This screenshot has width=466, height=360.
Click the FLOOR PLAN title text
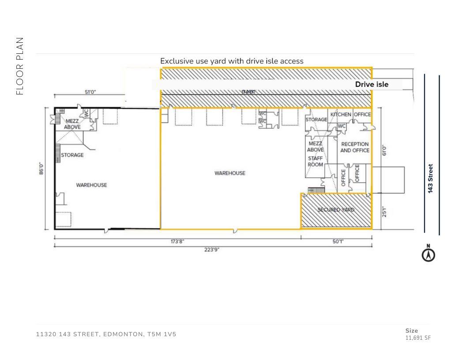(x=19, y=66)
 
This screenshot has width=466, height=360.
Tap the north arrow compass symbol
(x=428, y=255)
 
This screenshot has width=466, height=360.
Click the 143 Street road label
(x=430, y=178)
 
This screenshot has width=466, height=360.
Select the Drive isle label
(x=372, y=84)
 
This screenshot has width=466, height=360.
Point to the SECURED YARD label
(x=336, y=210)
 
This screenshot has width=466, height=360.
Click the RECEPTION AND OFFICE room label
(x=354, y=147)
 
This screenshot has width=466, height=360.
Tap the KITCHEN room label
(x=341, y=115)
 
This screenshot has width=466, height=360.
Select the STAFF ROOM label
(x=315, y=161)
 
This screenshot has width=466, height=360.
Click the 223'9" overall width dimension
(x=211, y=250)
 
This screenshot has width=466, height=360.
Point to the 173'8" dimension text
(x=177, y=241)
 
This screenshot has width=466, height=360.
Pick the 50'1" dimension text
(x=338, y=241)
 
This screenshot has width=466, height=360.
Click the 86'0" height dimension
(x=41, y=169)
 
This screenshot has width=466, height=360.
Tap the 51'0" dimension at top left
(x=90, y=92)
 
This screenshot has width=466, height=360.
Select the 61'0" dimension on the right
(x=384, y=150)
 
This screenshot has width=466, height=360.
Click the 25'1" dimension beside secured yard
(x=384, y=212)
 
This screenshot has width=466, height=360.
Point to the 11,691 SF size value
(x=418, y=338)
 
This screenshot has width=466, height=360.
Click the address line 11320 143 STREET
(x=106, y=334)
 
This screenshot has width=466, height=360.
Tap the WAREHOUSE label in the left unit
(x=91, y=185)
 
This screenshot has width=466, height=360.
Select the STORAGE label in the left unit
(x=72, y=155)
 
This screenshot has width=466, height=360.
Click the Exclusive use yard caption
(x=232, y=61)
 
